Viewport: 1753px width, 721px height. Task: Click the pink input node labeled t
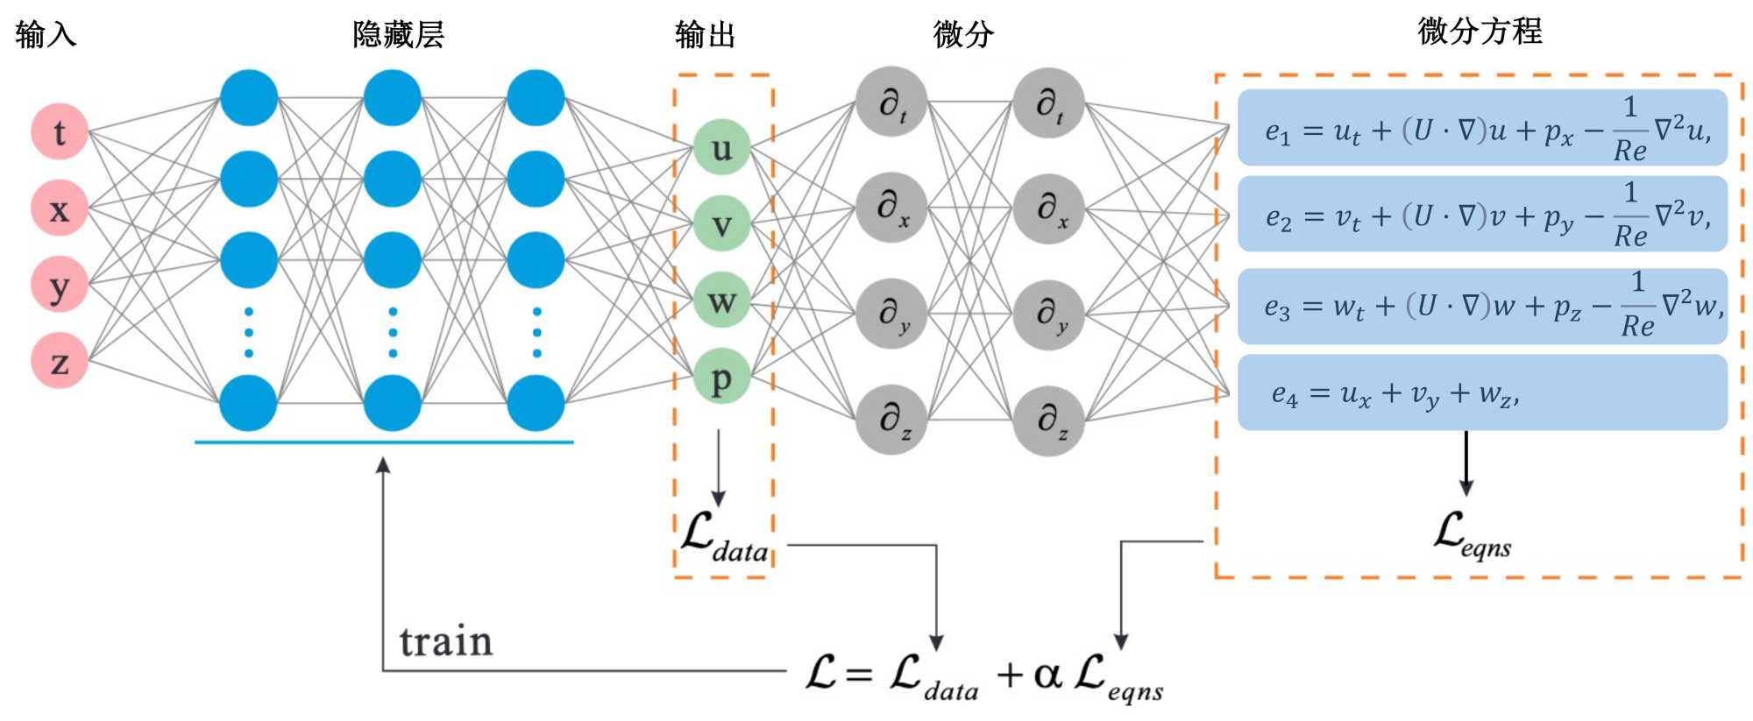tap(60, 132)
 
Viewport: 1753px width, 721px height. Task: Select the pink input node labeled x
tap(60, 209)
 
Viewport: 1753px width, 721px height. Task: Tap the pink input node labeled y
tap(60, 285)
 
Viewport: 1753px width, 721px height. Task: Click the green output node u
tap(721, 147)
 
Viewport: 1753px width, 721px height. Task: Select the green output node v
tap(721, 223)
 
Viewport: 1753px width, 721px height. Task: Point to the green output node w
tap(721, 300)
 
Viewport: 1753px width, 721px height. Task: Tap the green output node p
tap(721, 376)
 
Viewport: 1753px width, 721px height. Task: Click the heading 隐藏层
tap(399, 34)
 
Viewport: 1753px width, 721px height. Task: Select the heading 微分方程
tap(1480, 31)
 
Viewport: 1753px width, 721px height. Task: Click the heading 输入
tap(46, 34)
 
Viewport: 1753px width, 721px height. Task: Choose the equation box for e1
tap(1482, 128)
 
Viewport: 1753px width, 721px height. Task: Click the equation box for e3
tap(1482, 306)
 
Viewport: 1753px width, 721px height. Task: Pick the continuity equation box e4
tap(1482, 392)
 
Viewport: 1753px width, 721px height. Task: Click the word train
tap(446, 641)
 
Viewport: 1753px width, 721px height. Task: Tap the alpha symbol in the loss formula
tap(1048, 675)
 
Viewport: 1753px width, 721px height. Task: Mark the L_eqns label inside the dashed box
tap(1473, 534)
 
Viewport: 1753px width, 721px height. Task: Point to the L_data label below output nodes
tap(725, 537)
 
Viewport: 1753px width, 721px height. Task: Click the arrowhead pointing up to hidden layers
tap(383, 465)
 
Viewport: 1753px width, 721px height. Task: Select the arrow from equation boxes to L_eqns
tap(1466, 463)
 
